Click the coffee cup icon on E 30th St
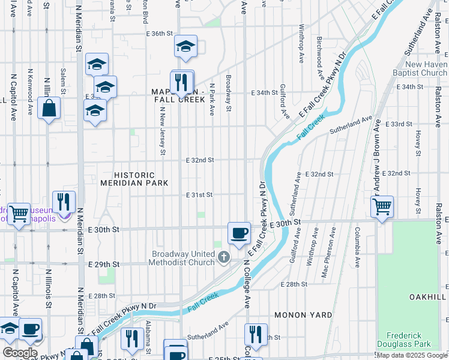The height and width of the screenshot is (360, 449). [x=239, y=233]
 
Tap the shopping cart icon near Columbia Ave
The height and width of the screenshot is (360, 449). [x=382, y=207]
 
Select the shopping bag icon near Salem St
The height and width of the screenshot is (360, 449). [x=49, y=108]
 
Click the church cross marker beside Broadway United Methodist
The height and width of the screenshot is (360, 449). [x=224, y=258]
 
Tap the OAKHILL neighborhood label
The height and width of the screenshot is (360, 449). [x=428, y=297]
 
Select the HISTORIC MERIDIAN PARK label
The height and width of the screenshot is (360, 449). [x=131, y=178]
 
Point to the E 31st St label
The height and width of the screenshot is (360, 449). [x=199, y=195]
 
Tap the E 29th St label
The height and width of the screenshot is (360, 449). [x=104, y=265]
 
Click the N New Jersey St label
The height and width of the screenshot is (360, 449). [x=163, y=131]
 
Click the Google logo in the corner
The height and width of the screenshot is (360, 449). [x=20, y=352]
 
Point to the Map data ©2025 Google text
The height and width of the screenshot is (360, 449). [x=411, y=355]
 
